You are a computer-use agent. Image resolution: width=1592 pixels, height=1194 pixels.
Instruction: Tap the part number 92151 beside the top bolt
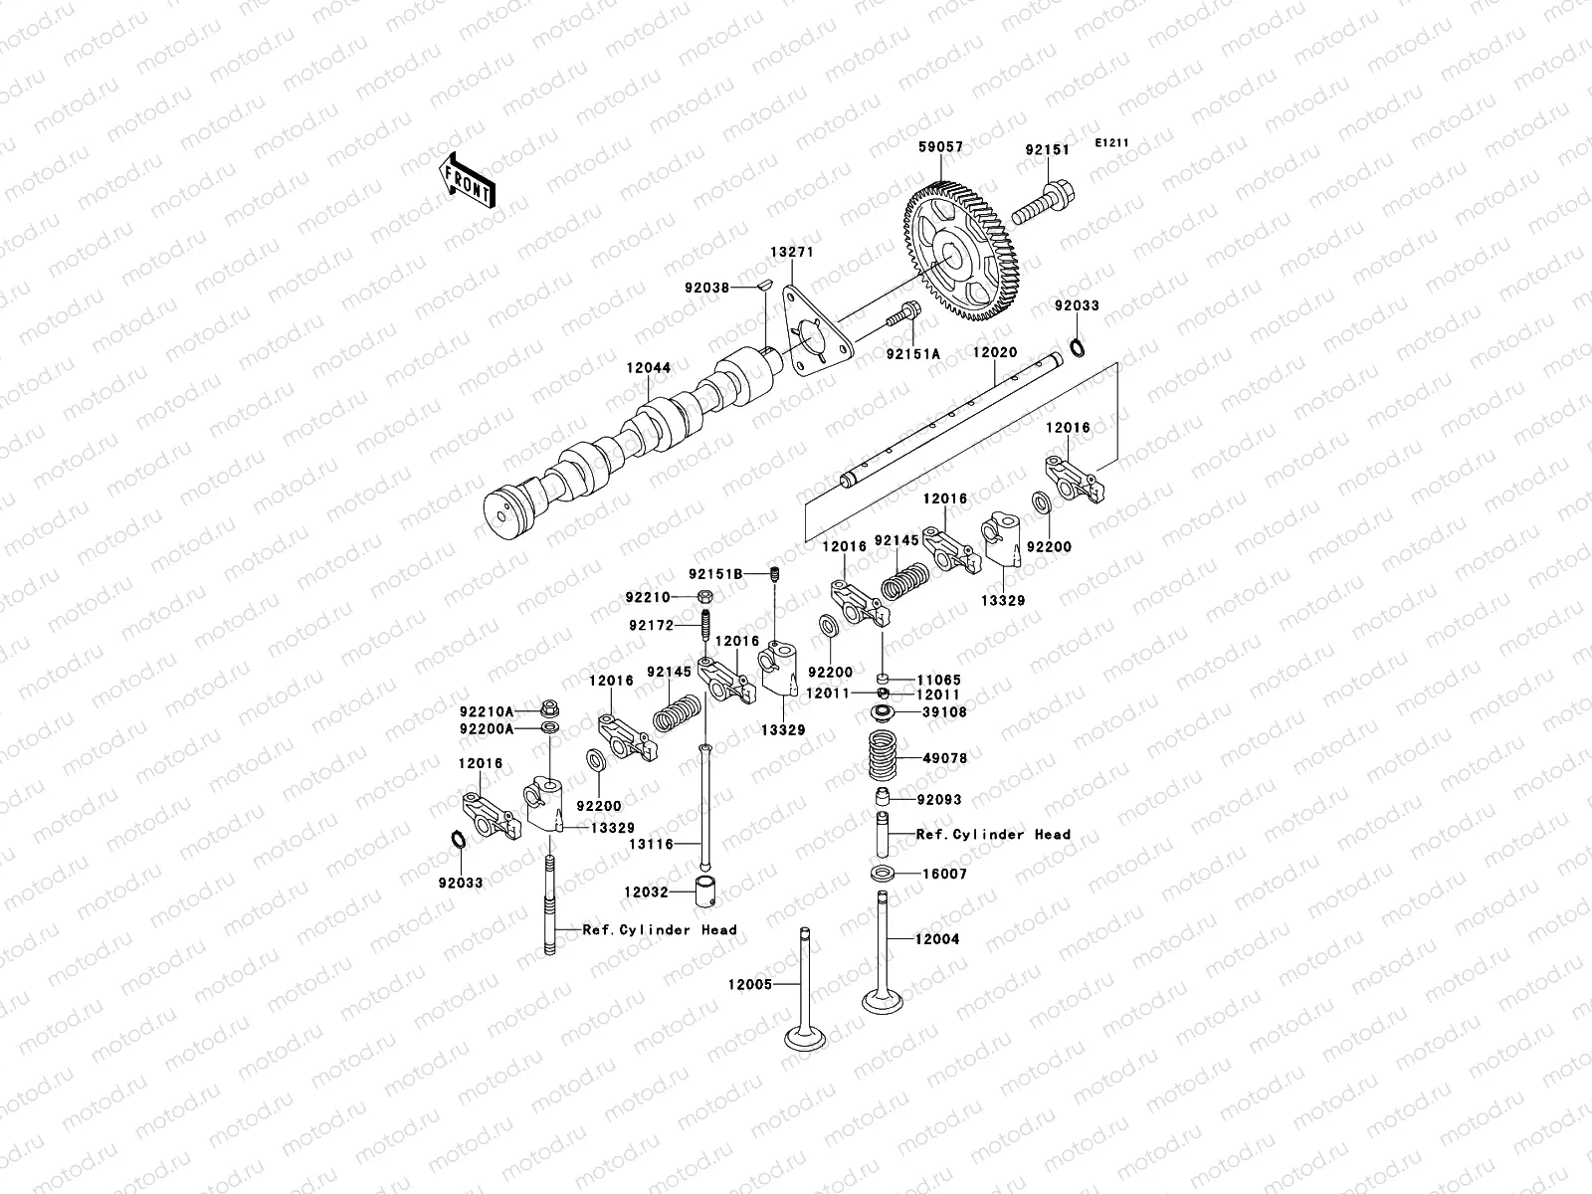click(1047, 150)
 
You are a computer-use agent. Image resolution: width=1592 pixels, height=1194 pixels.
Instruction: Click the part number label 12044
click(648, 368)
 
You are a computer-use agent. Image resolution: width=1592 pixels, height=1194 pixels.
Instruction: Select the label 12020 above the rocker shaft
click(994, 352)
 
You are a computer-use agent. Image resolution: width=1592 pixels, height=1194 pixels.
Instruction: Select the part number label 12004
click(938, 938)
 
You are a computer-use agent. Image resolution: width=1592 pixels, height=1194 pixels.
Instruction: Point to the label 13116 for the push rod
click(651, 844)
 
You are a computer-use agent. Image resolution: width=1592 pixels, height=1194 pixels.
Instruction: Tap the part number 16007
click(945, 874)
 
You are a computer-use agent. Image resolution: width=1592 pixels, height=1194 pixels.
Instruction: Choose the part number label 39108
click(944, 712)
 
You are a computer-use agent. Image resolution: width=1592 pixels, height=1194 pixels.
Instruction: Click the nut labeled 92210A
click(549, 710)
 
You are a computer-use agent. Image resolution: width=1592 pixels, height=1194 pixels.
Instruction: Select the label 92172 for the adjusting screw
click(651, 625)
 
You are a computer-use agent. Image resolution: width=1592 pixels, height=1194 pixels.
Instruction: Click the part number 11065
click(940, 680)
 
